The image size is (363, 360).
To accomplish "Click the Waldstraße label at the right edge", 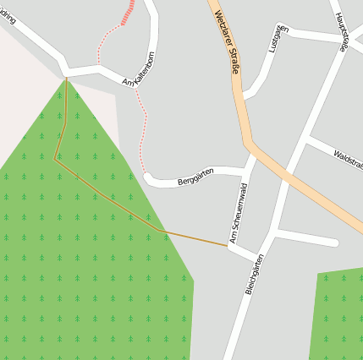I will (347, 159).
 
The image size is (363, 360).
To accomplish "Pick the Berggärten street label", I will (195, 177).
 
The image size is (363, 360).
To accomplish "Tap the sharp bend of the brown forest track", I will (56, 158).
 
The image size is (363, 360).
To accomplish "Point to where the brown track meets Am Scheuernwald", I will (228, 246).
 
